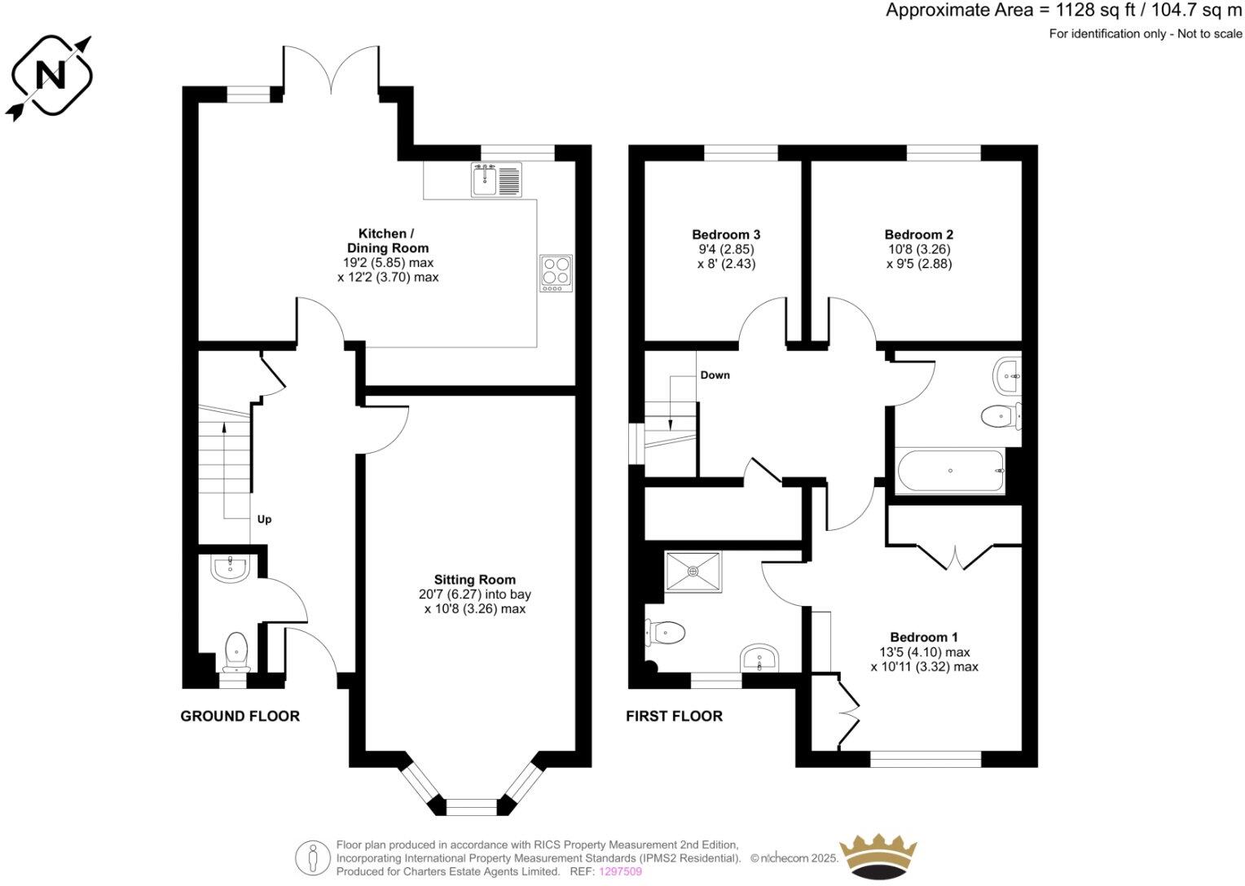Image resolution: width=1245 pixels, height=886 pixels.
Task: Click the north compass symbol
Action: (x=51, y=77)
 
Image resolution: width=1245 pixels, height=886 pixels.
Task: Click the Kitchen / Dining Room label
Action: (x=387, y=241)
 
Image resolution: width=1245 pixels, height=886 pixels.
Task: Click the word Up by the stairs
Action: (x=264, y=520)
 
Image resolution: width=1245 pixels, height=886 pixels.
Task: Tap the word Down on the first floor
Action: (x=715, y=375)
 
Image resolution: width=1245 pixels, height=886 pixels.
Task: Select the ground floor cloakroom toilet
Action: (x=235, y=650)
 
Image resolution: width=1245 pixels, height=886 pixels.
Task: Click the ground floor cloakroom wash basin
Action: (x=230, y=568)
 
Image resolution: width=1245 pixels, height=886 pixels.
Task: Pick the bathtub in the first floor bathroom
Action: (x=950, y=471)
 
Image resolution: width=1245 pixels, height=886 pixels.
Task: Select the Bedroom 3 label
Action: (x=726, y=235)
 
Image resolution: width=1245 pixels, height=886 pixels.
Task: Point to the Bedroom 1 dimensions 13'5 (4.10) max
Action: (x=924, y=652)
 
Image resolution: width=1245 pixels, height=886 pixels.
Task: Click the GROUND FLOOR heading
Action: (x=240, y=717)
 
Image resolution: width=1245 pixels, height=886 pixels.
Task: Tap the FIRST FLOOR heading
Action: (x=674, y=717)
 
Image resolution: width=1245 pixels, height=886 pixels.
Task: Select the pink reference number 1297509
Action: (x=620, y=871)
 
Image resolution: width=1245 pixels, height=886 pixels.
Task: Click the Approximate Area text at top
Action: (x=1063, y=11)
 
